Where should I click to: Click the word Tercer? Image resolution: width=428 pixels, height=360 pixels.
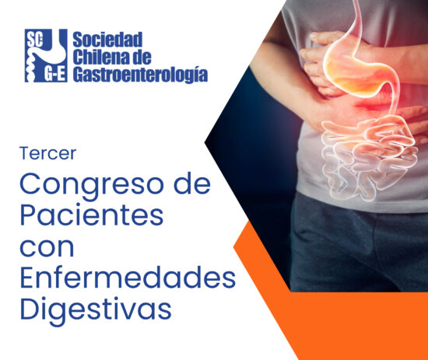click(x=47, y=153)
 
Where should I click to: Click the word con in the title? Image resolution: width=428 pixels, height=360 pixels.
click(x=47, y=247)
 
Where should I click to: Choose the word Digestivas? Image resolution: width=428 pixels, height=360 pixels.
click(x=96, y=309)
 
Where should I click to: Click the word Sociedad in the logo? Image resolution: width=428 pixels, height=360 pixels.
click(x=107, y=40)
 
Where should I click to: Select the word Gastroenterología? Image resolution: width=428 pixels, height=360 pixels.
click(x=140, y=74)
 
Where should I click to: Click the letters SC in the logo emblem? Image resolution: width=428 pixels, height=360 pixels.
click(x=34, y=41)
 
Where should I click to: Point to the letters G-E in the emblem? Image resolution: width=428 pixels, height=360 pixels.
click(x=55, y=75)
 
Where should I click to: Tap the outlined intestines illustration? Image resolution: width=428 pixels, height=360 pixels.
click(x=369, y=156)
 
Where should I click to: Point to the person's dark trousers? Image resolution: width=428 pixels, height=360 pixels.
click(x=358, y=246)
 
